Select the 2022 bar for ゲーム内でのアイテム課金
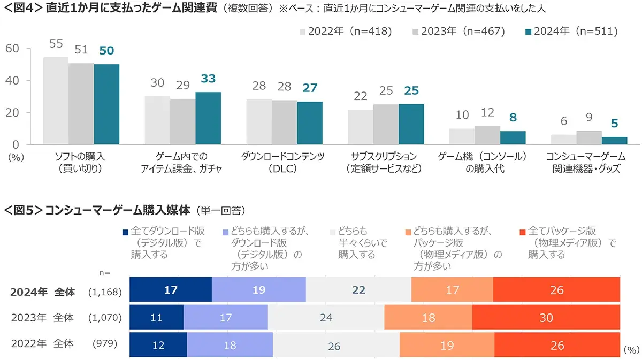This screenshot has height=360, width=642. (157, 120)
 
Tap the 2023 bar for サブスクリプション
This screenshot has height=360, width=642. (386, 124)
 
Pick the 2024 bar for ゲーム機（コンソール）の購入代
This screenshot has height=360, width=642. (513, 138)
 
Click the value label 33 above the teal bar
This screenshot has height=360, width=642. (208, 79)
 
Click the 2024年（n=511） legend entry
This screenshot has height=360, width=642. (571, 32)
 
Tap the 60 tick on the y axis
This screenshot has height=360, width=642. (13, 49)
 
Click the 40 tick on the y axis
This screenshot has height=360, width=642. (13, 81)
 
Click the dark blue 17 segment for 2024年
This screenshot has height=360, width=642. (171, 289)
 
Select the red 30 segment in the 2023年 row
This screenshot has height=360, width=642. (546, 318)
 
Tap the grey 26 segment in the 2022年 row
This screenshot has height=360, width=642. (335, 346)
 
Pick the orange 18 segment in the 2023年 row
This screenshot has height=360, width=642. (428, 318)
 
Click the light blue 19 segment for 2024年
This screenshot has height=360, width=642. (259, 289)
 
